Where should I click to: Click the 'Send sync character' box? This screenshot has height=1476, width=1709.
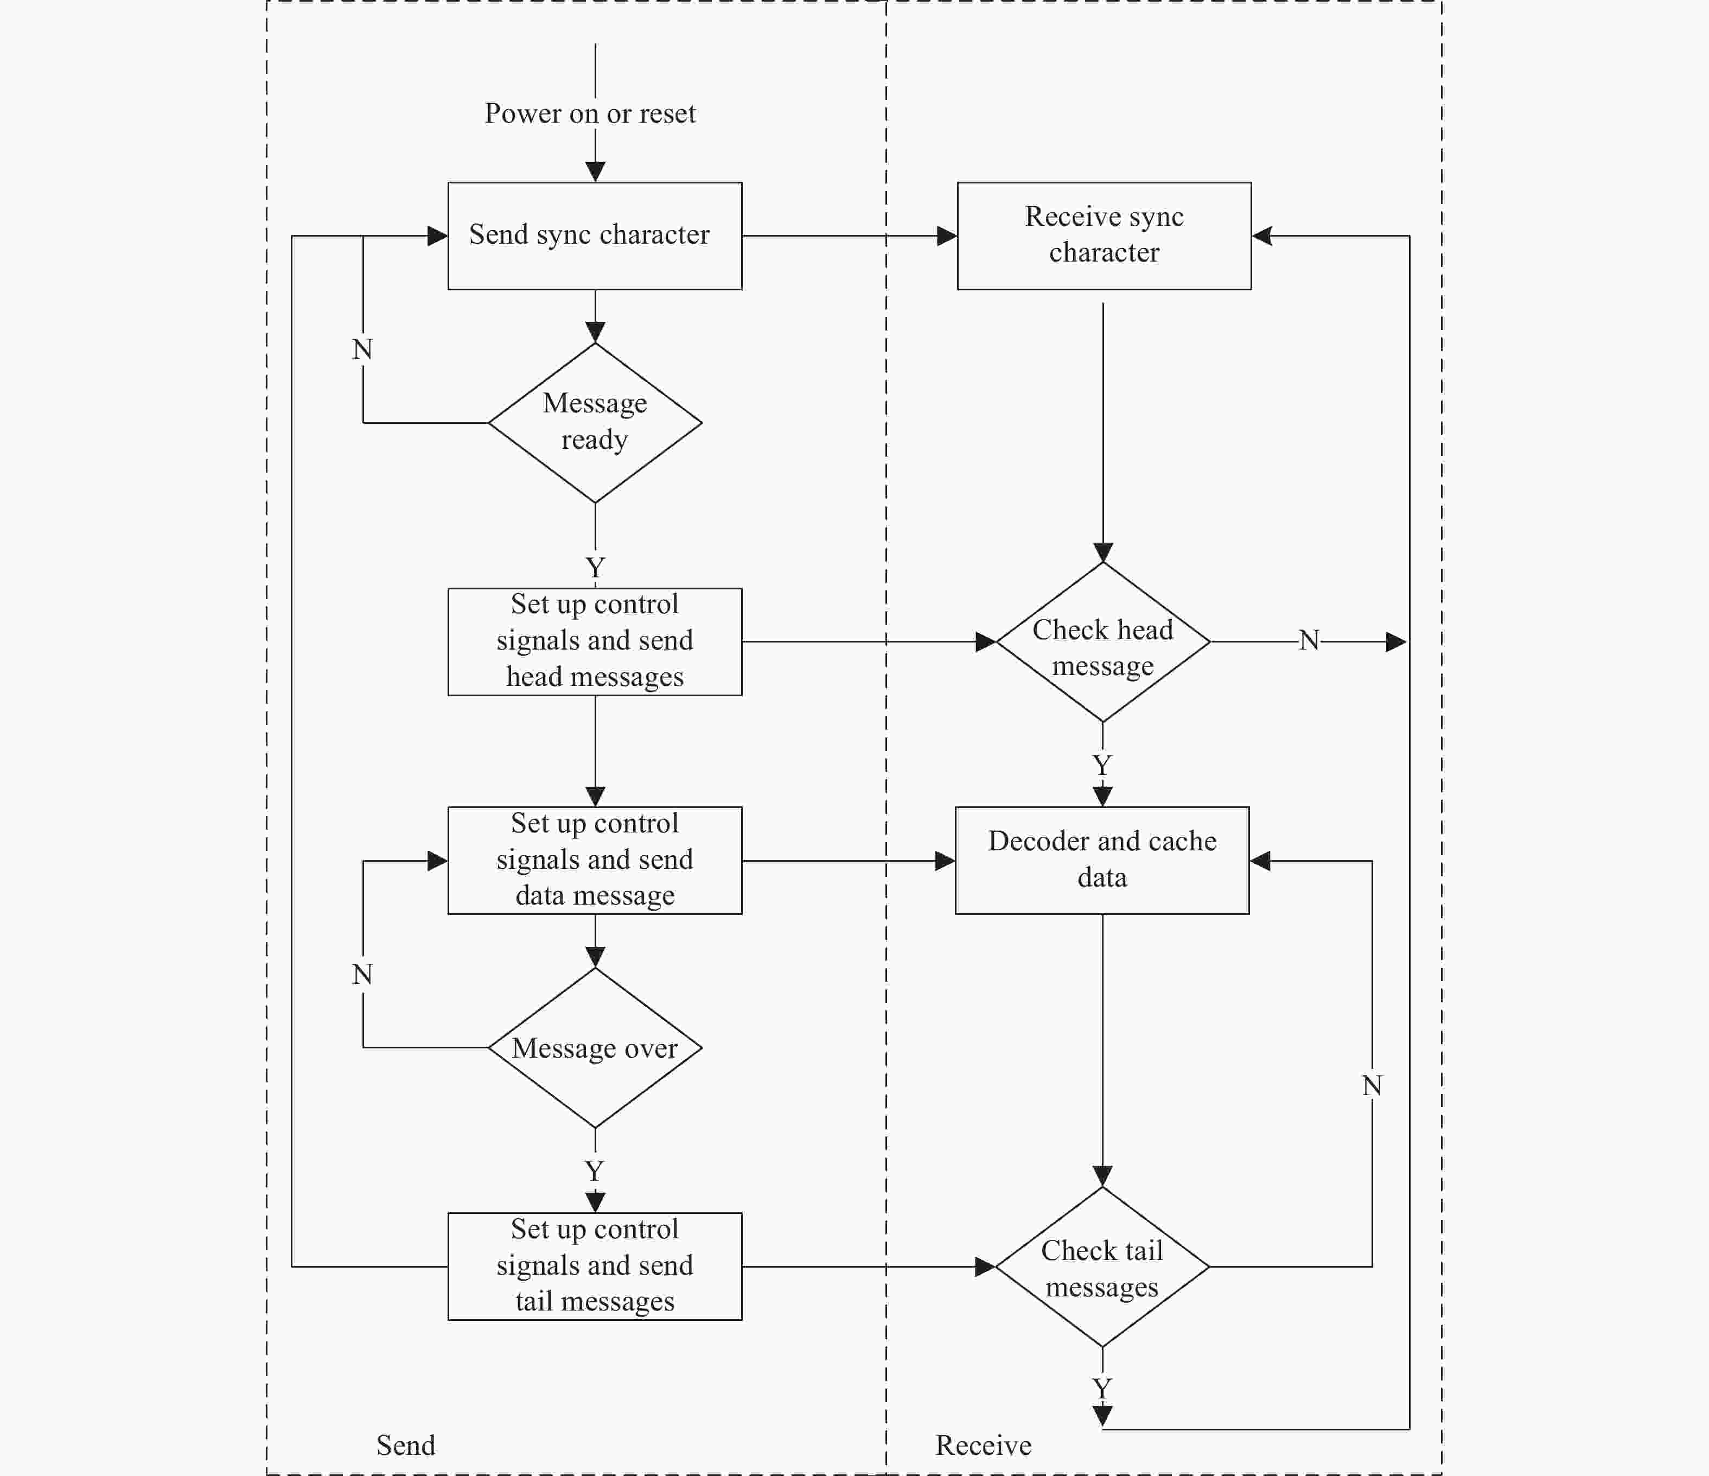(x=595, y=236)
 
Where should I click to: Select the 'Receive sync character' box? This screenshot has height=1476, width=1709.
(x=1105, y=236)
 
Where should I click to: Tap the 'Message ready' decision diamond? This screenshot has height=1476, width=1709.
(x=595, y=422)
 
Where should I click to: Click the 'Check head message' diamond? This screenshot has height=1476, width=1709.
(x=1103, y=642)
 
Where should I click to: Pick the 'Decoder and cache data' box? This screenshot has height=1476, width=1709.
(x=1102, y=861)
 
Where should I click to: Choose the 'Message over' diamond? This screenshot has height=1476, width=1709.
(x=595, y=1048)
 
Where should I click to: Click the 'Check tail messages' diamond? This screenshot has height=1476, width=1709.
(x=1102, y=1267)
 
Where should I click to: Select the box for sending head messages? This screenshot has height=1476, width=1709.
(x=595, y=642)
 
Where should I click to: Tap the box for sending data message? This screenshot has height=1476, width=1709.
(x=595, y=861)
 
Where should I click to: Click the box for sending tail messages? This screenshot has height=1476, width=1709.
(x=595, y=1267)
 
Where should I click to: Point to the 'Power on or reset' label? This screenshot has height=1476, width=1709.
(x=590, y=113)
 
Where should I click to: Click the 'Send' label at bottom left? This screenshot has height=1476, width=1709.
(x=405, y=1445)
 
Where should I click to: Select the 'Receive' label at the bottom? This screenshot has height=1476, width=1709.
(x=983, y=1445)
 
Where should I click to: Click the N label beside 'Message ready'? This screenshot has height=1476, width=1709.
(x=362, y=349)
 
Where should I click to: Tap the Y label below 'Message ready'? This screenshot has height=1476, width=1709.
(x=595, y=568)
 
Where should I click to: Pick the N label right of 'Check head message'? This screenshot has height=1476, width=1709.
(x=1309, y=640)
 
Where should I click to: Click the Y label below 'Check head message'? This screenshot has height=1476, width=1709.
(x=1102, y=765)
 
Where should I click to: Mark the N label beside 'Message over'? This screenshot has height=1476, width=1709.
(x=362, y=975)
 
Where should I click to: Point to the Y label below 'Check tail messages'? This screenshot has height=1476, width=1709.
(x=1102, y=1389)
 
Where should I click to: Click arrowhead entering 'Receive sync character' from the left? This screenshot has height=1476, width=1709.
(x=947, y=236)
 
